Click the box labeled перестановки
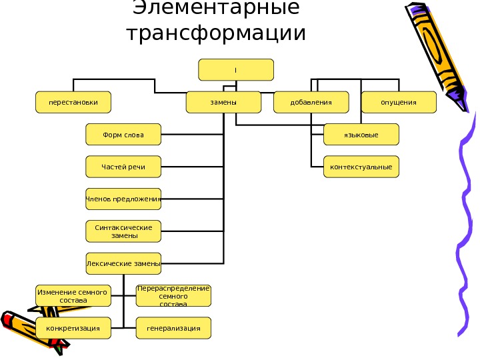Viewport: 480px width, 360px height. tap(73, 102)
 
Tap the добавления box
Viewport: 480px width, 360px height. tap(311, 102)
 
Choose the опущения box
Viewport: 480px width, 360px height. tap(398, 102)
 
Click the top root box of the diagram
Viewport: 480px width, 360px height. tap(236, 69)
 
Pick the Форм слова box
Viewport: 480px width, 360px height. tap(124, 134)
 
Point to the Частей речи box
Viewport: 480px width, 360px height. tap(124, 167)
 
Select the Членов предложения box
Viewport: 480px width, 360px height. tap(124, 199)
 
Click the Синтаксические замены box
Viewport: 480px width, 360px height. tap(124, 231)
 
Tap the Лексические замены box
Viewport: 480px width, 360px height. tap(124, 263)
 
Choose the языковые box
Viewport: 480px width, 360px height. tap(361, 135)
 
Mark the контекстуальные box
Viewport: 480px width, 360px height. tap(361, 167)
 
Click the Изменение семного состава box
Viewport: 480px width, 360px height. tap(73, 295)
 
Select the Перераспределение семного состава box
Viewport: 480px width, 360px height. tap(173, 295)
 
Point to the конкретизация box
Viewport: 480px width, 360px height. tap(73, 328)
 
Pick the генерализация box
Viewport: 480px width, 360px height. tap(173, 328)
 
